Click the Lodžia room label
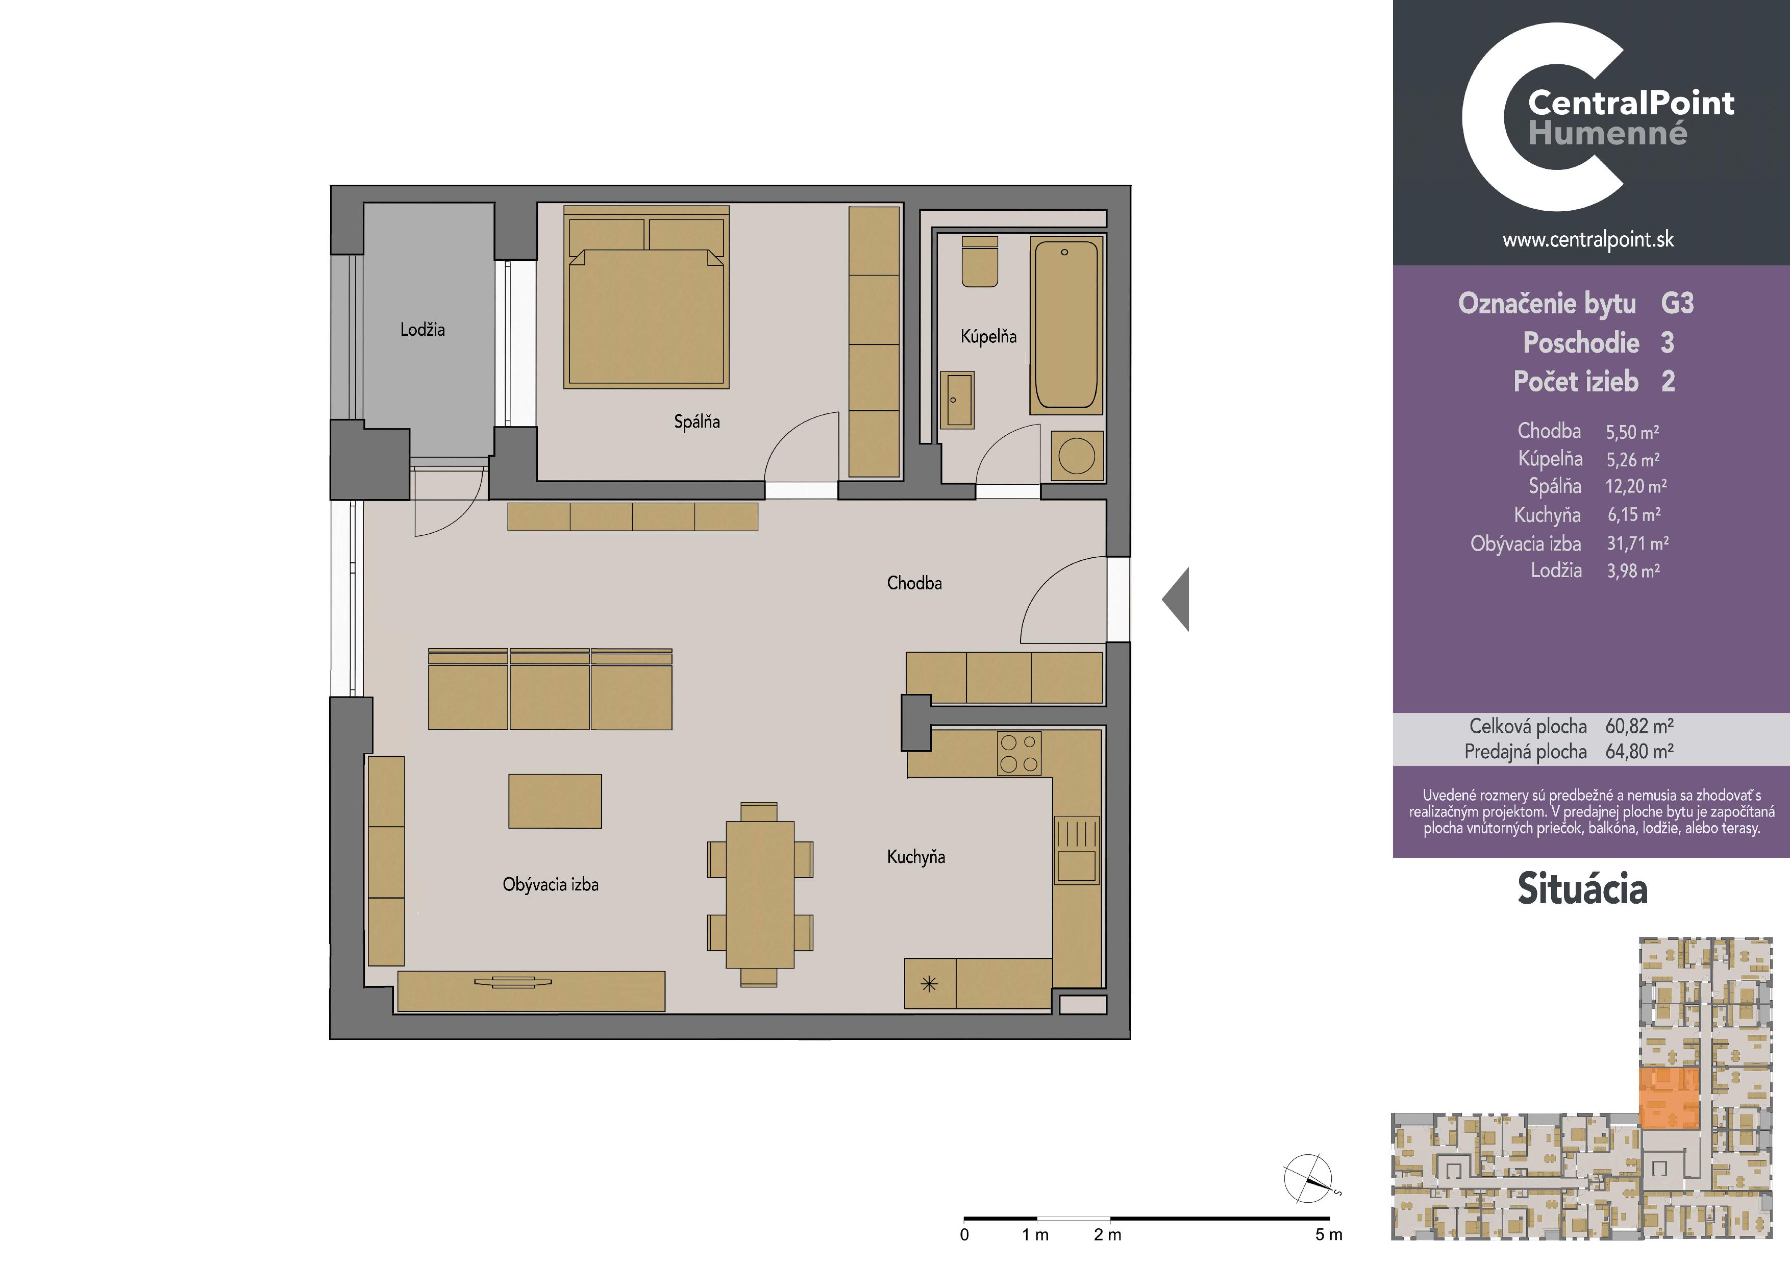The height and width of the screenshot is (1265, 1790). [x=422, y=330]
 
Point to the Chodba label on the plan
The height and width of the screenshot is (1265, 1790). [x=914, y=583]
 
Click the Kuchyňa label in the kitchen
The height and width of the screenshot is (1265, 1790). [x=916, y=857]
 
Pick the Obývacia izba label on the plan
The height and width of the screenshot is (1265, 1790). [x=551, y=885]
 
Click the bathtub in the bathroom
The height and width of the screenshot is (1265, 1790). [x=1066, y=325]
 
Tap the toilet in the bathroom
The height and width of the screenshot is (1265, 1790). [x=980, y=262]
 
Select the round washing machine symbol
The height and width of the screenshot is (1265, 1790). [x=1078, y=456]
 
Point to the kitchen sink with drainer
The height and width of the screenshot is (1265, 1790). [x=1077, y=850]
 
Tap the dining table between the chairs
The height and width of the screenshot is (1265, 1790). [x=760, y=894]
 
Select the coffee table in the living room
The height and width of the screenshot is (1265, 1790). [x=555, y=801]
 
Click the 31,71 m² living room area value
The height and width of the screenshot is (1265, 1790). [x=1637, y=543]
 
